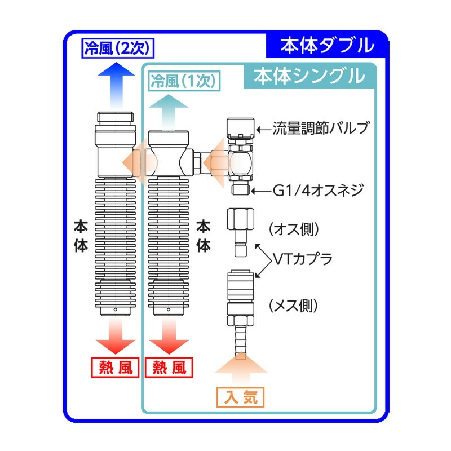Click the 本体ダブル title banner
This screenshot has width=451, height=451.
pyautogui.click(x=326, y=45)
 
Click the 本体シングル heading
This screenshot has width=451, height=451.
pyautogui.click(x=309, y=76)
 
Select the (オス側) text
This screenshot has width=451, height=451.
pyautogui.click(x=294, y=229)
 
